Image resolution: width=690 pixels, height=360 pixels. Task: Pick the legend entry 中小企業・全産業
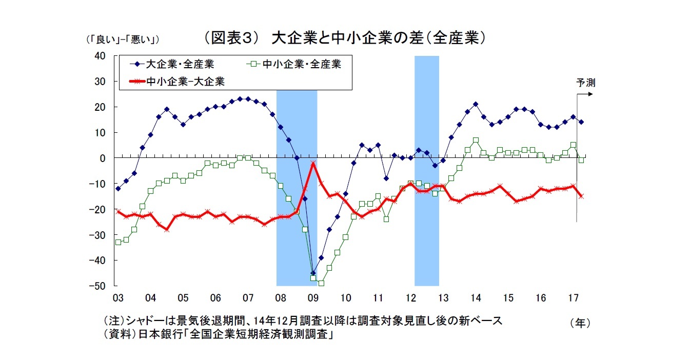point(295,65)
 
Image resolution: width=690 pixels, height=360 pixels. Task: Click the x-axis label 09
point(312,297)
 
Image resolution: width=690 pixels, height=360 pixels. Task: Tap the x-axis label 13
point(443,297)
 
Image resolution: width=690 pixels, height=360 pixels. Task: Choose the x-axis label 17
point(573,297)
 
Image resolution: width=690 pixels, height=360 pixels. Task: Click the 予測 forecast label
point(585,83)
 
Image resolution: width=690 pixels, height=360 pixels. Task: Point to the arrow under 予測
point(585,94)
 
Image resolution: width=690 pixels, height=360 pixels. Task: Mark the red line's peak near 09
point(313,163)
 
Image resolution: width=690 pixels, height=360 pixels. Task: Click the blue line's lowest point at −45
point(313,273)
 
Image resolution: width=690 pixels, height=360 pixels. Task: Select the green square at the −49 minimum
point(321,283)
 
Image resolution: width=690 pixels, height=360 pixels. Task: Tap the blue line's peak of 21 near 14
point(476,104)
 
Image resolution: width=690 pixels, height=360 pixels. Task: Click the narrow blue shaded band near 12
point(426,169)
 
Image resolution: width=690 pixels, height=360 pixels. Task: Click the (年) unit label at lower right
point(580,323)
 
